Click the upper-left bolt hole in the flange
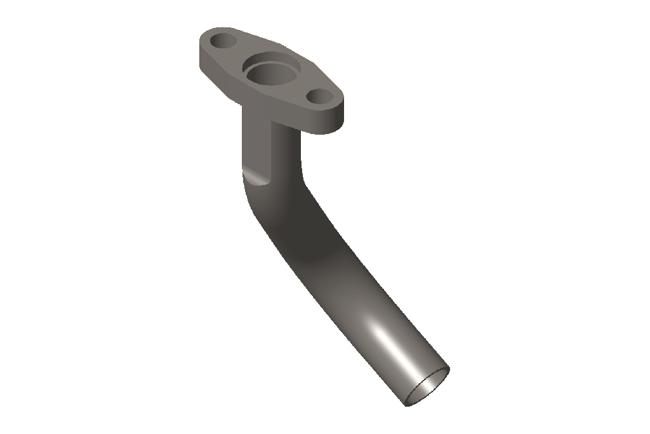pyautogui.click(x=223, y=41)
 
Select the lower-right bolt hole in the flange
pyautogui.click(x=320, y=97)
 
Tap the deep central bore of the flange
pyautogui.click(x=267, y=76)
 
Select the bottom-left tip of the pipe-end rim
pyautogui.click(x=406, y=403)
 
